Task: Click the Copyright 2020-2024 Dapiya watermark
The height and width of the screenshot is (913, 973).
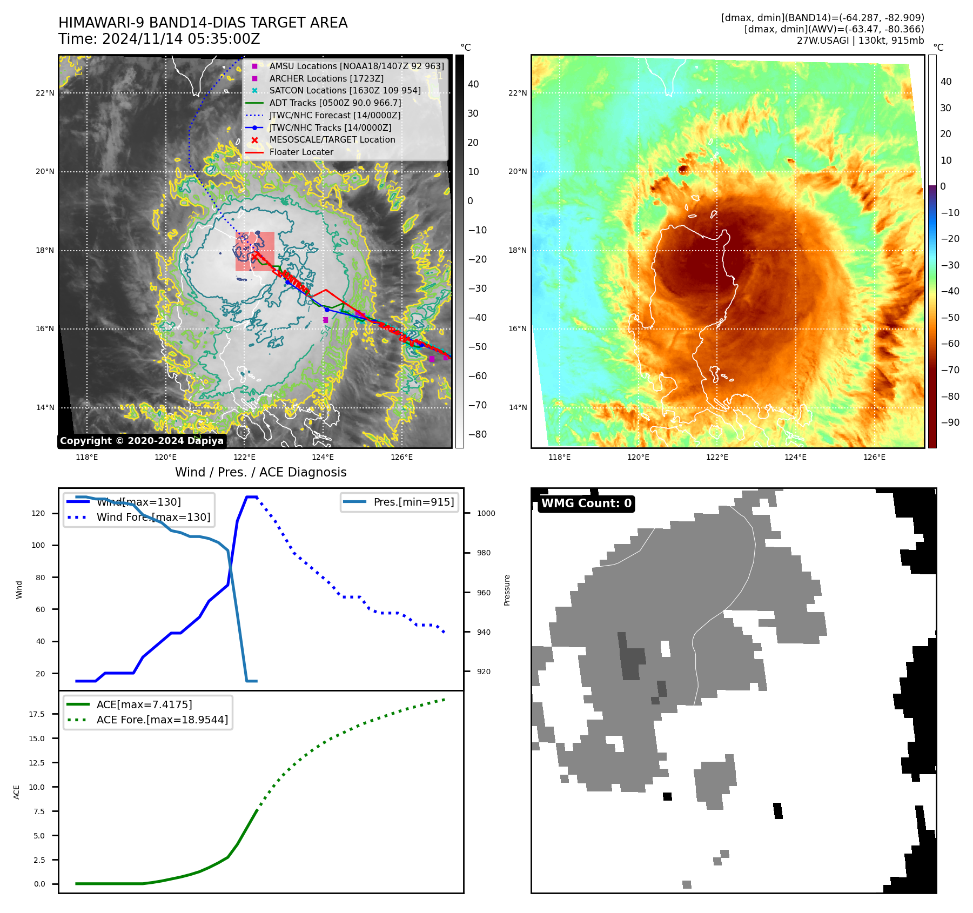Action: tap(142, 441)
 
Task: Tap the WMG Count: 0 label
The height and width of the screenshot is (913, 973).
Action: tap(586, 504)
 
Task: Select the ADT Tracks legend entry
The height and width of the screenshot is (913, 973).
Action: tap(335, 103)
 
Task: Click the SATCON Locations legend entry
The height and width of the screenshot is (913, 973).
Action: tap(345, 91)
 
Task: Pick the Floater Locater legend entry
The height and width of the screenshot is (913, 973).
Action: tap(301, 152)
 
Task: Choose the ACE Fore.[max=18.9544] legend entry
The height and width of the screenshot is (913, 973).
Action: tap(162, 720)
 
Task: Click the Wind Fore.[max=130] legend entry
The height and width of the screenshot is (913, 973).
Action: tap(153, 518)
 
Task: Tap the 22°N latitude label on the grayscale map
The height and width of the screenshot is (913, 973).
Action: tap(45, 93)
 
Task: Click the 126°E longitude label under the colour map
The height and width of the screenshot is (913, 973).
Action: tap(874, 458)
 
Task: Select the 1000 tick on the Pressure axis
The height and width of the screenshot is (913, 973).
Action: tap(486, 514)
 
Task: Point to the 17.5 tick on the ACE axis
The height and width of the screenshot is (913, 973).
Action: tap(37, 714)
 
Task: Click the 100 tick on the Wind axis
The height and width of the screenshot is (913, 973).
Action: tap(38, 546)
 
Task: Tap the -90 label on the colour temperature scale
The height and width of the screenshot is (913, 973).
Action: tap(950, 422)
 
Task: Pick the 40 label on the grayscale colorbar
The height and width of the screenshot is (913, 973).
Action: tap(473, 84)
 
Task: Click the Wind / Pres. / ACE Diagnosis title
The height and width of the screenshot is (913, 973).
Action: tap(260, 473)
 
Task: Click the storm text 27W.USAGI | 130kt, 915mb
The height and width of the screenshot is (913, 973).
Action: tap(860, 41)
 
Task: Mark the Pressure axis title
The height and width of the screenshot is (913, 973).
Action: tap(507, 590)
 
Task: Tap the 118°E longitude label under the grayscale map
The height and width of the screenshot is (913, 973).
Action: tap(86, 458)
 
